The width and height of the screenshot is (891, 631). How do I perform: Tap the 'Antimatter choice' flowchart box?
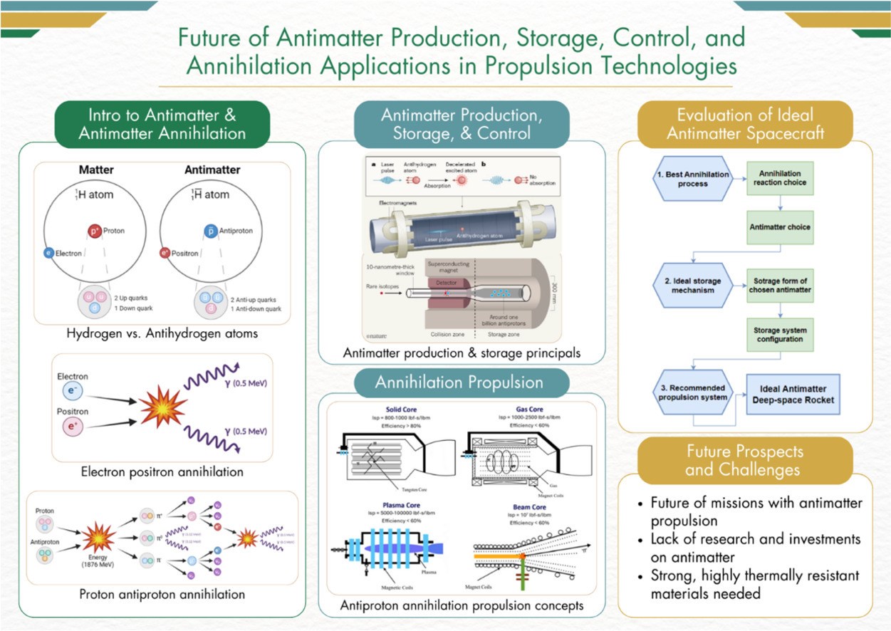(x=780, y=227)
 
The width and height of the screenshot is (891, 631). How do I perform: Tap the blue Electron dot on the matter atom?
(x=48, y=253)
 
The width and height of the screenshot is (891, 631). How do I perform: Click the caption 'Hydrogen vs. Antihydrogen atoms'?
(x=162, y=333)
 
